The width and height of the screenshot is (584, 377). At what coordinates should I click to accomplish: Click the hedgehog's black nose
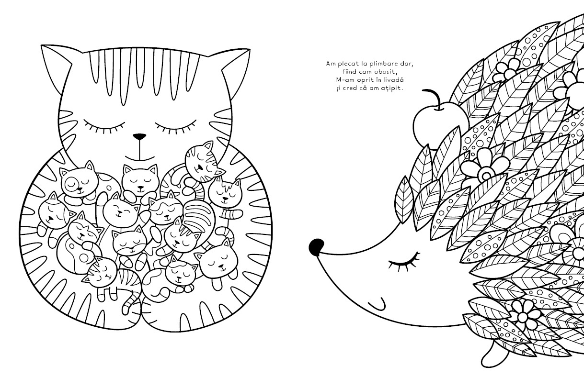[x=317, y=246]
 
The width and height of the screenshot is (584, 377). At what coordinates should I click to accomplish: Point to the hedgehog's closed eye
[x=404, y=262]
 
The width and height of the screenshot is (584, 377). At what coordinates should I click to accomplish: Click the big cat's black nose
[x=139, y=136]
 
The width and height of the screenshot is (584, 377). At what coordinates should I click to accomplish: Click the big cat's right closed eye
[x=176, y=125]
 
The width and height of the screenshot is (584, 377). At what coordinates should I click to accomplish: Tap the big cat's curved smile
[x=139, y=158]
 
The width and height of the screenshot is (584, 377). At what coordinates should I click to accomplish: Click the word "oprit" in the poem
[x=363, y=80]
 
